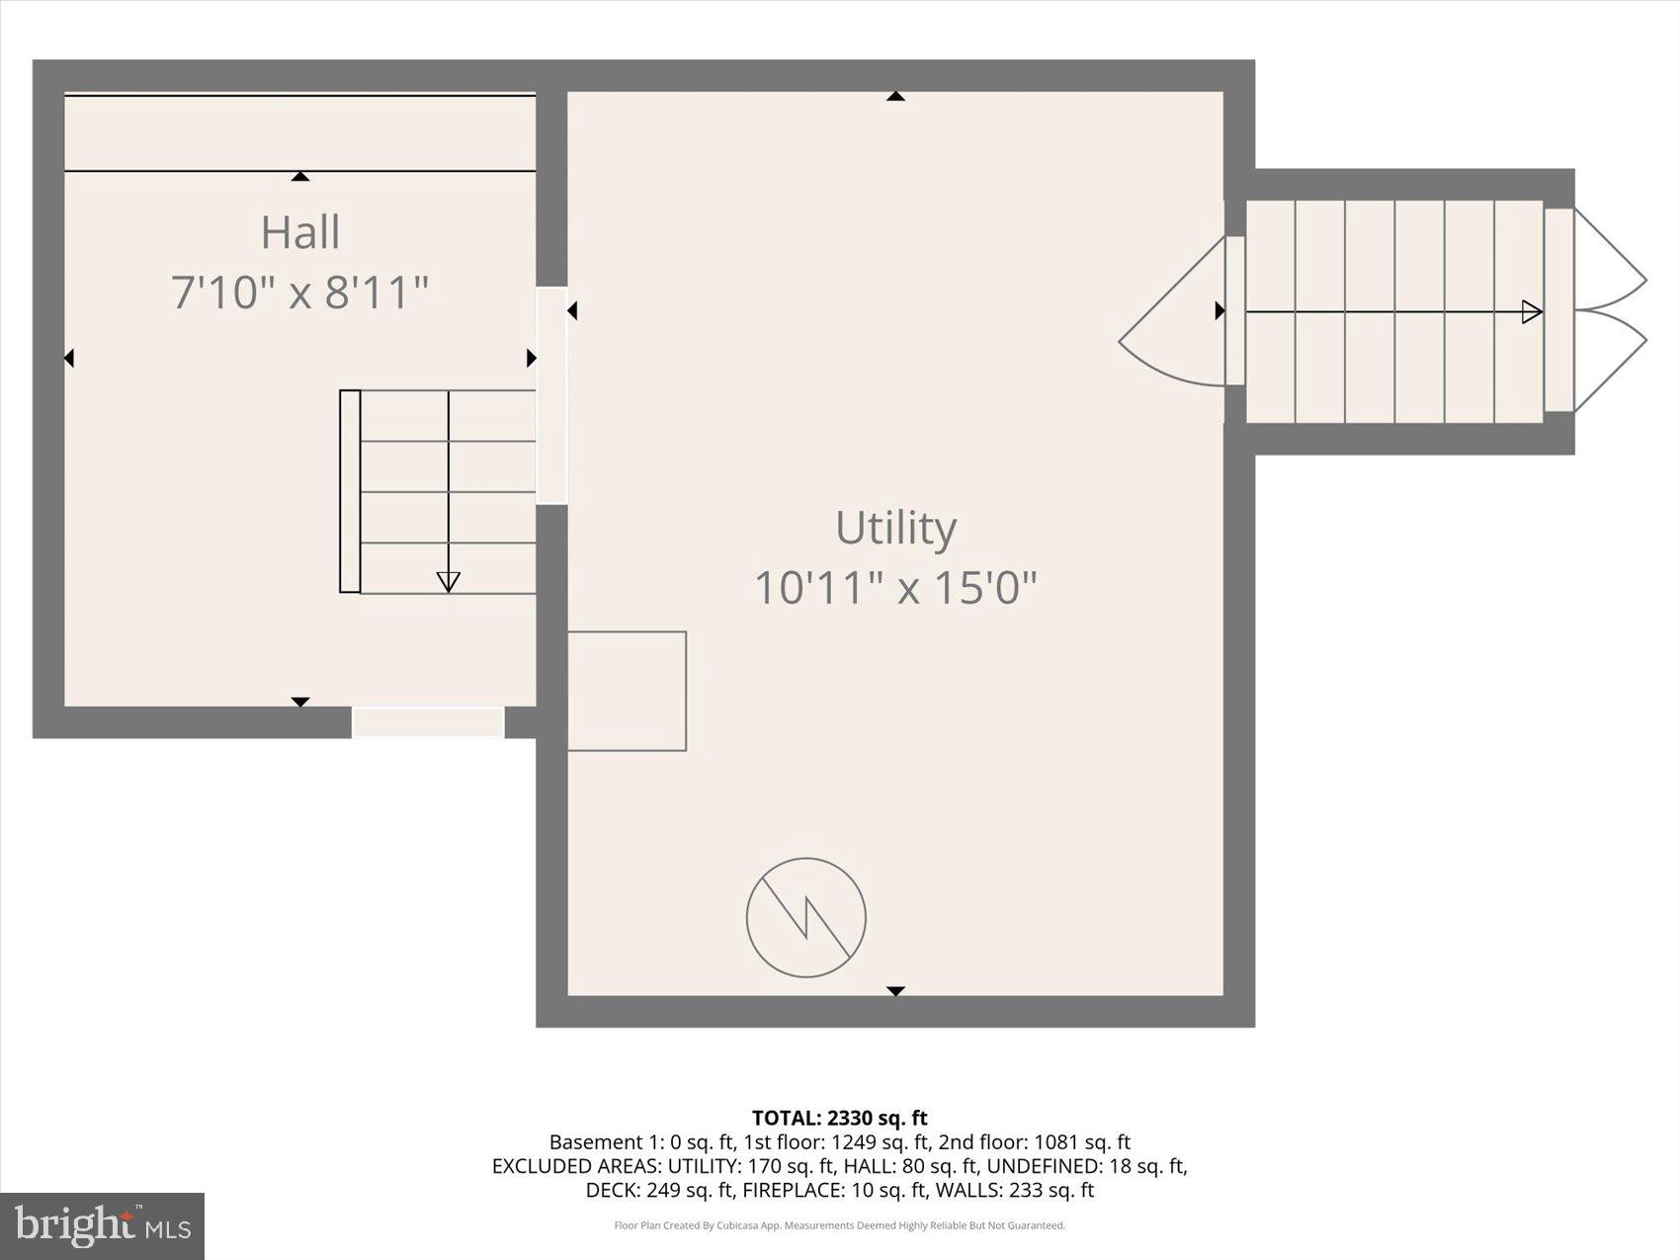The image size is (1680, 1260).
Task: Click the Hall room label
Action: [x=300, y=232]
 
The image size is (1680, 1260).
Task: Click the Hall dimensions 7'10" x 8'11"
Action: [x=300, y=293]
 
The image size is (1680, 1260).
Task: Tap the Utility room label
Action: [x=895, y=527]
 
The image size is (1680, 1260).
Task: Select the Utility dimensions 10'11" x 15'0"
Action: [x=895, y=588]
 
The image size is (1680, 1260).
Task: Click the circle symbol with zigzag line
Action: [x=806, y=918]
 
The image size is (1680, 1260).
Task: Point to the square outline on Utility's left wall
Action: [x=627, y=691]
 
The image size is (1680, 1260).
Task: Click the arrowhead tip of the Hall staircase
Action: [x=448, y=582]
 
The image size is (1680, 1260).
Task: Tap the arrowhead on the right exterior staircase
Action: [x=1532, y=312]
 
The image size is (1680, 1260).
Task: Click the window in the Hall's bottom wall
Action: [x=428, y=722]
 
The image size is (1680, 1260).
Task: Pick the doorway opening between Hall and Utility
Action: [x=551, y=395]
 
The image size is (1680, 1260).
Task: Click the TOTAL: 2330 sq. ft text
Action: [x=840, y=1118]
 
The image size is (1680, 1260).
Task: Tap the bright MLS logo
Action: [x=102, y=1226]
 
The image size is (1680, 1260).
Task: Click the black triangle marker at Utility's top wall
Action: [x=895, y=96]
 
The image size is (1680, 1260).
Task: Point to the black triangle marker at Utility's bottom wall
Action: [x=895, y=990]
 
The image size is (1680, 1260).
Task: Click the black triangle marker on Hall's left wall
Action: [x=69, y=358]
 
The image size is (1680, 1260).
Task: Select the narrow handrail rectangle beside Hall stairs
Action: [x=350, y=491]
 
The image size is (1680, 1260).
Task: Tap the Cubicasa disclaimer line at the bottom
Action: [x=840, y=1225]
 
